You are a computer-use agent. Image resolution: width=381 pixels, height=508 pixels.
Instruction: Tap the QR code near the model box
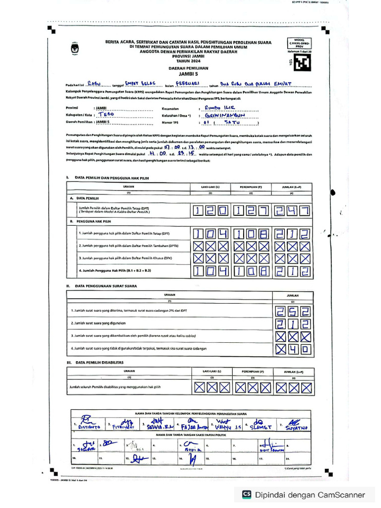[301, 63]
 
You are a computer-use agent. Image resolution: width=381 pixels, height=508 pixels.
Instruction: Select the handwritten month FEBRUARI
[190, 83]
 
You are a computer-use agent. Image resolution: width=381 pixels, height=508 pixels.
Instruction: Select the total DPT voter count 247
[292, 212]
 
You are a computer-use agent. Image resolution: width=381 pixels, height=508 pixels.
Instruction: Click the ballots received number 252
[292, 312]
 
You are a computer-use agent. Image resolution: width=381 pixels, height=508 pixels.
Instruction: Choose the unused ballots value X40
[292, 349]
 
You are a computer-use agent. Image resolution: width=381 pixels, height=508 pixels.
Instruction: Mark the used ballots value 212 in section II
[292, 324]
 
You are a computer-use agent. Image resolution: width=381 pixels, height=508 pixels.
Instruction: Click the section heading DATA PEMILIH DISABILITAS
[99, 363]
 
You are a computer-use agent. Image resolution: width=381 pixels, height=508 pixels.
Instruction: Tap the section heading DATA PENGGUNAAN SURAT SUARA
[106, 286]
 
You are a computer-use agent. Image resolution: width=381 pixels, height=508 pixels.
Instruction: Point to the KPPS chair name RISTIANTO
[88, 427]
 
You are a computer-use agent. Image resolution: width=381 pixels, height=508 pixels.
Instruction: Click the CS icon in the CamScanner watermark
[246, 495]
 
